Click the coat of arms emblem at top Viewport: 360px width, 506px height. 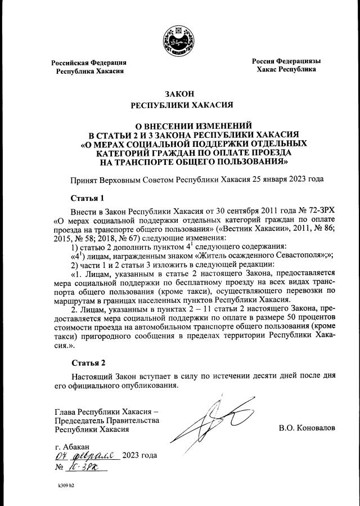[179, 39]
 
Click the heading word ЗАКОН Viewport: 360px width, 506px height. [179, 93]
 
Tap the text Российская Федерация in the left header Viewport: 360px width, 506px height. [89, 62]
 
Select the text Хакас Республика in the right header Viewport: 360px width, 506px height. [286, 69]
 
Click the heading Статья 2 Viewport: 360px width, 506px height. [88, 362]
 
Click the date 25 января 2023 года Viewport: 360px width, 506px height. [279, 180]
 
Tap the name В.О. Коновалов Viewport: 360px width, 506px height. [307, 428]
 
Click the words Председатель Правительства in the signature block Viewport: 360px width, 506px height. [107, 420]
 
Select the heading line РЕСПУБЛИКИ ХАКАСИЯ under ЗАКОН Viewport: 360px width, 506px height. [179, 105]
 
